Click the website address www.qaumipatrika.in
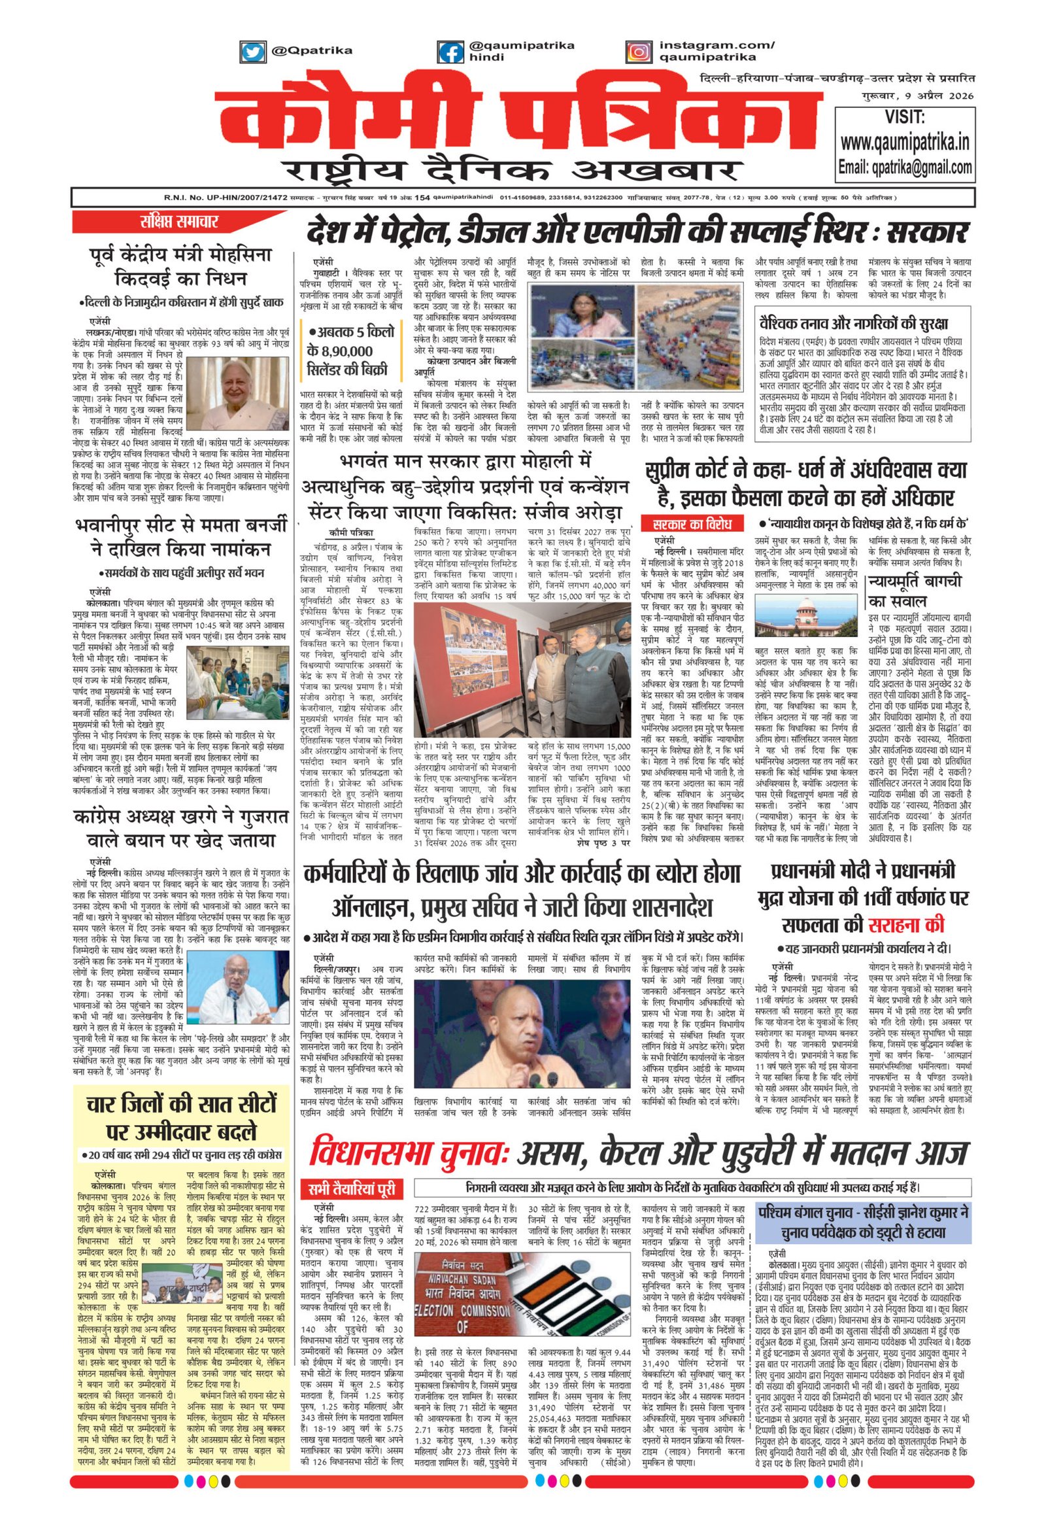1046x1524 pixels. [904, 143]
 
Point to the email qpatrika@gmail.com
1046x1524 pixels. [905, 167]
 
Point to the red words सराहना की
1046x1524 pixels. [906, 924]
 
